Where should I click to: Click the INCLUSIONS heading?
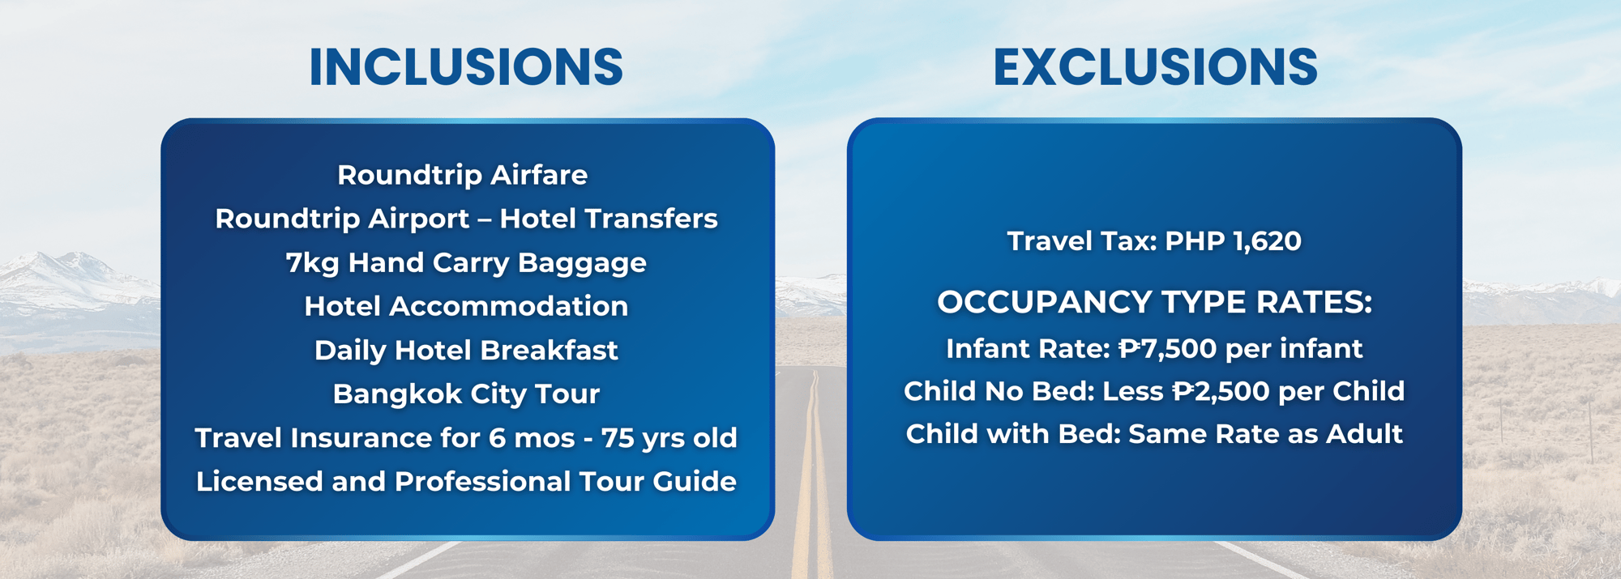pyautogui.click(x=466, y=66)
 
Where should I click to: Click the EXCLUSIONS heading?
pyautogui.click(x=1155, y=66)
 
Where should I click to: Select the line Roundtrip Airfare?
pyautogui.click(x=463, y=175)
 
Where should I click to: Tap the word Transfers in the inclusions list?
pyautogui.click(x=651, y=219)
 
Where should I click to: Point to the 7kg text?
pyautogui.click(x=313, y=263)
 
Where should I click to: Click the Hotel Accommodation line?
pyautogui.click(x=466, y=306)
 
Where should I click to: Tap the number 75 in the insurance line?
pyautogui.click(x=618, y=438)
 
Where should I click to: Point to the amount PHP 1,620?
pyautogui.click(x=1233, y=241)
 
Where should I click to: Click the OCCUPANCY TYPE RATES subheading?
pyautogui.click(x=1155, y=302)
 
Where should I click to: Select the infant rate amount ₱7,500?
pyautogui.click(x=1167, y=349)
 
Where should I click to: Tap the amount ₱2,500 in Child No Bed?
pyautogui.click(x=1221, y=392)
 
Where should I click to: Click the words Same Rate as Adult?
pyautogui.click(x=1265, y=434)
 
